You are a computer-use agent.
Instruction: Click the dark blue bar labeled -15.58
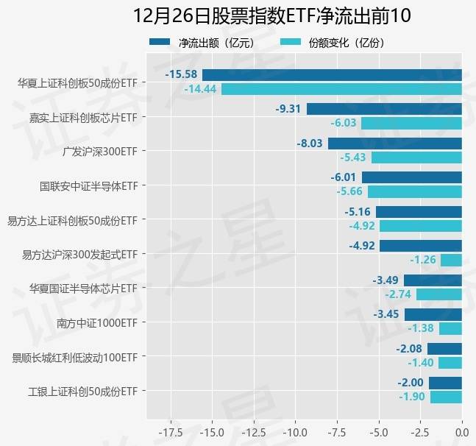point(332,74)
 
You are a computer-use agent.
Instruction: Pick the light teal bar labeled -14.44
point(341,89)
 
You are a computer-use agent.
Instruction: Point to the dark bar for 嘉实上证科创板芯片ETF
point(384,109)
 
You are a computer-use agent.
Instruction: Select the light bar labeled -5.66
point(415,191)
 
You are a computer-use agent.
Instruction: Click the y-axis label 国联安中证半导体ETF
point(88,185)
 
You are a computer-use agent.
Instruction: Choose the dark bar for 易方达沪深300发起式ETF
point(421,246)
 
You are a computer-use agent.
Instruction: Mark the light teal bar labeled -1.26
point(451,260)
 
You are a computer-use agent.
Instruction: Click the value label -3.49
point(386,280)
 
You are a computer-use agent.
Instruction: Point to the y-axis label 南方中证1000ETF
point(97,322)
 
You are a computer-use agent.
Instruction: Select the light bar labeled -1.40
point(450,363)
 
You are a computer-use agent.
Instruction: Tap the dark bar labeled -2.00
point(445,383)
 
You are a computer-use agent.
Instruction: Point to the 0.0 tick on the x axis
point(461,430)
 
